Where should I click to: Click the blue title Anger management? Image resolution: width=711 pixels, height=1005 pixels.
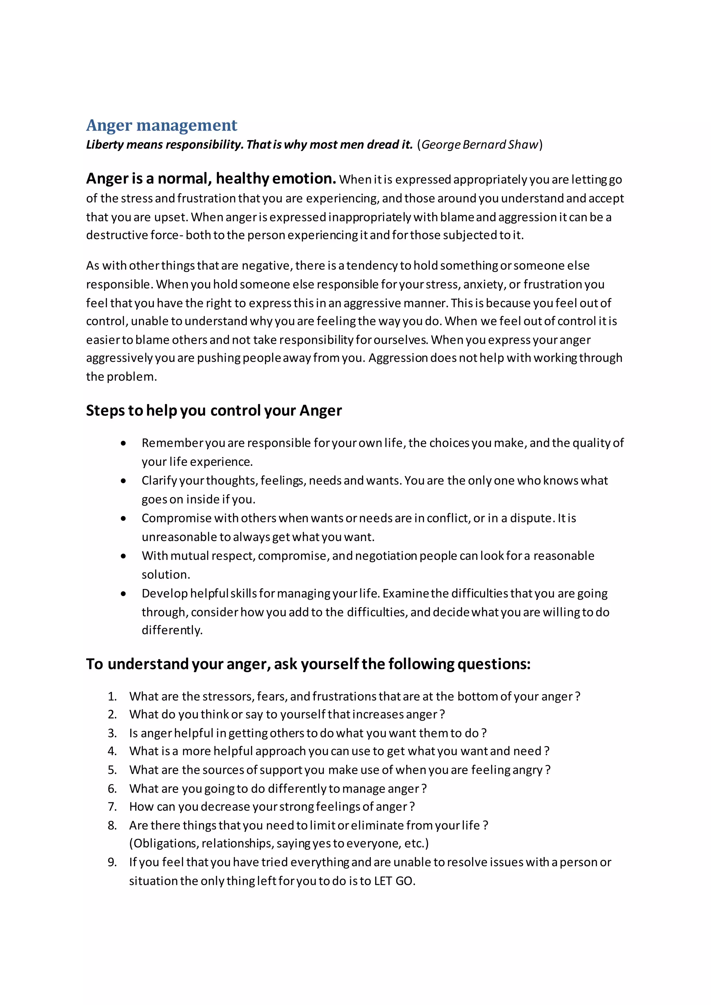pos(161,125)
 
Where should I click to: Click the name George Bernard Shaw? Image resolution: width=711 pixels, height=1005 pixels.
pos(479,144)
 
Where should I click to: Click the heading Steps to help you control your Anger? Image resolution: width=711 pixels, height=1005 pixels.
pos(214,411)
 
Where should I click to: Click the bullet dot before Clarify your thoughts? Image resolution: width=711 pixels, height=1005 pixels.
pos(124,481)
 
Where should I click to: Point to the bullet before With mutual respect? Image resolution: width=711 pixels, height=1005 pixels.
pos(124,556)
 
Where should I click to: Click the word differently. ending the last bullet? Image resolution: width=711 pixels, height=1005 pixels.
pos(172,630)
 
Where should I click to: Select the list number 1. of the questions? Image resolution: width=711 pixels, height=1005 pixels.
pos(112,696)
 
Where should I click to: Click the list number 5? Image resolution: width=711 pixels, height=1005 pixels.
pos(112,770)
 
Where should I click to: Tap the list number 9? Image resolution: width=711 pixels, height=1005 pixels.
pos(112,862)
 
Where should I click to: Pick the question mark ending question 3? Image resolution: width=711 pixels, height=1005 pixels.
pos(484,733)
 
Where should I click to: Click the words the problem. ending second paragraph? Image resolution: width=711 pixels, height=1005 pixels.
pos(121,377)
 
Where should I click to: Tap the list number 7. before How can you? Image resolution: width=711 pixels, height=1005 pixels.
pos(112,807)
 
